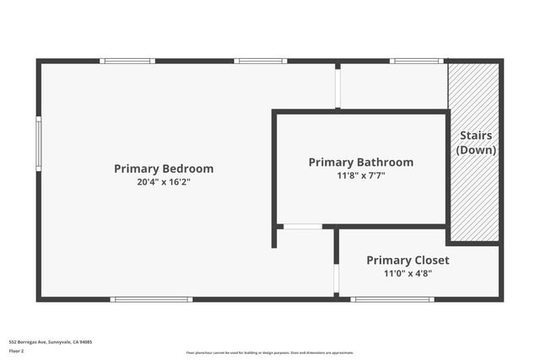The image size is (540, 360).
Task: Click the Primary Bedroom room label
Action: tap(164, 169)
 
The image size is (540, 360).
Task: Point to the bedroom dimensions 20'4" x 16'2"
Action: tap(164, 182)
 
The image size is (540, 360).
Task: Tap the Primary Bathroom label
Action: tap(361, 162)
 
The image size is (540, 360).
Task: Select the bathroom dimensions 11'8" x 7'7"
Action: tap(361, 175)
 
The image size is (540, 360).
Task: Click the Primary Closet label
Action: tap(408, 261)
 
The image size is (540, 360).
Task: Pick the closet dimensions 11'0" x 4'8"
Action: tap(408, 273)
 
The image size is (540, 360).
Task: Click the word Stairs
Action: tap(476, 136)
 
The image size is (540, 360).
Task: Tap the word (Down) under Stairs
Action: tap(476, 150)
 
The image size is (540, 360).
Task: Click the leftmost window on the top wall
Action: tap(127, 61)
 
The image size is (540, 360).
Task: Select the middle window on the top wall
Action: tap(261, 61)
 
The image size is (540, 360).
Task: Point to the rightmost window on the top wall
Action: tap(417, 61)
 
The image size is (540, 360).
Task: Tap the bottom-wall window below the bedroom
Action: tap(153, 299)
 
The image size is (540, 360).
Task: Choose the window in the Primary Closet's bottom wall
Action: tap(381, 299)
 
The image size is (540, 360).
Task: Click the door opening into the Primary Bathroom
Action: tap(301, 226)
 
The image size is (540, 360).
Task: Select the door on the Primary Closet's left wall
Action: tap(337, 278)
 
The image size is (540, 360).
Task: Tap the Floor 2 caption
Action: tap(17, 351)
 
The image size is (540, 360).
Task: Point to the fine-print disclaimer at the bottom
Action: tap(270, 352)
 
